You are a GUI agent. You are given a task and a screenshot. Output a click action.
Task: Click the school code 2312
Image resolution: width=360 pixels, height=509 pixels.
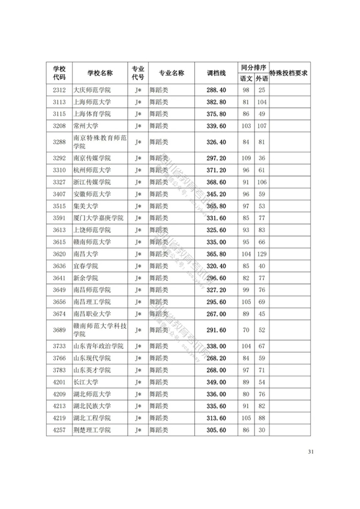(x=59, y=90)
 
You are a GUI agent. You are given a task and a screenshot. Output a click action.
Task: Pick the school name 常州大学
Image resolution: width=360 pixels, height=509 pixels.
(x=85, y=126)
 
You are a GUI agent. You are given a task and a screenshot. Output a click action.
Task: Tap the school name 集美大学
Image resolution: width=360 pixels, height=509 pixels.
(x=85, y=206)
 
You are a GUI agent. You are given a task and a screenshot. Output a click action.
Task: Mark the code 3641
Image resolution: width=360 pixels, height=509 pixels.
(x=59, y=278)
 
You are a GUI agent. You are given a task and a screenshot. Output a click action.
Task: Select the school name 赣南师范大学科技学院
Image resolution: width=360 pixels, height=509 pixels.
(x=99, y=330)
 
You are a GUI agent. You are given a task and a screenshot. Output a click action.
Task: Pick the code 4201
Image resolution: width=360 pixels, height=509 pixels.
(x=59, y=382)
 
